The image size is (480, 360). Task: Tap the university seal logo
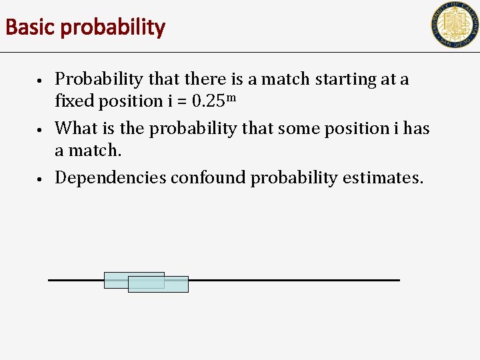(455, 25)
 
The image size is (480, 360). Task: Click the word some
(293, 128)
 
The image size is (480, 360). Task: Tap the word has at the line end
(416, 128)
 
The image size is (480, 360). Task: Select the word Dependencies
(110, 177)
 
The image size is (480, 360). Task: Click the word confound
(209, 177)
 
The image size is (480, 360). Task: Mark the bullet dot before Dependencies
(41, 179)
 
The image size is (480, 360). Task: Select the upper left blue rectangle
(117, 279)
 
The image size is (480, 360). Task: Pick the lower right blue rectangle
(175, 285)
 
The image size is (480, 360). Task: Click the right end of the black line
(397, 280)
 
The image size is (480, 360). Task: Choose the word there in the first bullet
(207, 79)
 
